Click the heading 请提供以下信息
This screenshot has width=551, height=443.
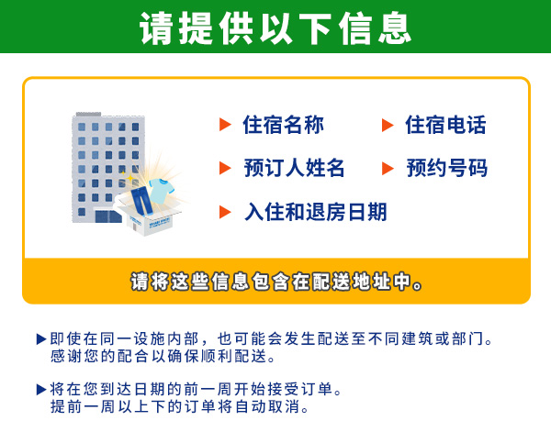pos(275,28)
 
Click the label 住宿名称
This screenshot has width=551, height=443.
pos(283,125)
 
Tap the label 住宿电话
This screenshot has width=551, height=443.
pos(445,125)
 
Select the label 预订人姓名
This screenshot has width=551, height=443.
pos(294,168)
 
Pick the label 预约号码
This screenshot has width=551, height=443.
pos(446,168)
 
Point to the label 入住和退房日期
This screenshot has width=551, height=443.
pos(315,212)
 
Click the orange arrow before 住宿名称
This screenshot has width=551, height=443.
pos(224,125)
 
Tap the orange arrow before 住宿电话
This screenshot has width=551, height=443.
pos(388,125)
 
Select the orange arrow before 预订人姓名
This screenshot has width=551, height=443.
pos(224,168)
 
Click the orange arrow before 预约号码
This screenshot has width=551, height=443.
pos(388,168)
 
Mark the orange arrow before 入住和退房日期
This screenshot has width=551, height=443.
pos(224,212)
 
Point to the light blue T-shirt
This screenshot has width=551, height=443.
pos(162,190)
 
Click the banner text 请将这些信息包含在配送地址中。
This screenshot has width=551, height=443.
pos(275,282)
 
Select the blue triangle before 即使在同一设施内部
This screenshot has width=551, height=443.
pos(40,339)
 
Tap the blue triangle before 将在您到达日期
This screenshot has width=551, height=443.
pos(40,389)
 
